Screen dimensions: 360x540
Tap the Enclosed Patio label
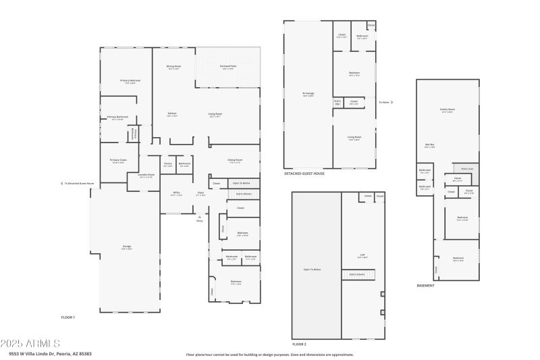[228, 67]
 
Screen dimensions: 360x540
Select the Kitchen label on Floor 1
[172, 114]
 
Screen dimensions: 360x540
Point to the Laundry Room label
[146, 175]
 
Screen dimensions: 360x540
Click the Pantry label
[168, 163]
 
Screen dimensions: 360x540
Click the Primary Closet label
[118, 161]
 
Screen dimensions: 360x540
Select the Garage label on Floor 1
[127, 247]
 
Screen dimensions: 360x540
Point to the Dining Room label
[235, 161]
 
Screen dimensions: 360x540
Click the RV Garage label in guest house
[308, 95]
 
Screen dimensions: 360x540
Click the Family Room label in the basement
[447, 110]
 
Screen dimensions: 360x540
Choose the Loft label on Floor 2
[362, 255]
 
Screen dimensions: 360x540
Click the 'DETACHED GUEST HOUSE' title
[304, 174]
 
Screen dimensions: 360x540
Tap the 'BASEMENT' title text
[425, 286]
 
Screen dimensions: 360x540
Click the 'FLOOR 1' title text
[68, 317]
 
